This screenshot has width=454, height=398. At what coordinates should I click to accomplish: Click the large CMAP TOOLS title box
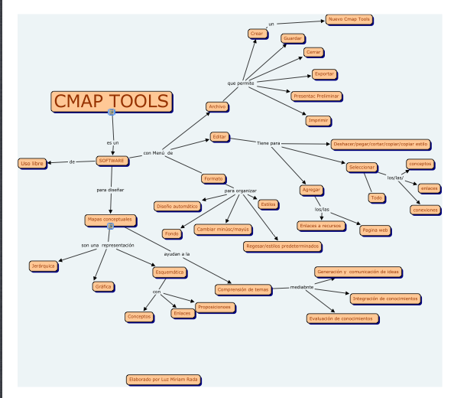tap(111, 102)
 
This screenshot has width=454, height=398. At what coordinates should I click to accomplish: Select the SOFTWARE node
tap(112, 161)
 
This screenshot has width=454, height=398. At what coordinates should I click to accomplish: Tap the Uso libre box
tap(31, 163)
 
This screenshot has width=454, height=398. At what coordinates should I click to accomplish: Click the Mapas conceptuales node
tap(109, 220)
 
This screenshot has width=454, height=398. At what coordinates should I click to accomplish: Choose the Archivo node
tap(216, 106)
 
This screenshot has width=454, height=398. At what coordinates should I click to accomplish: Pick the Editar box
tap(219, 136)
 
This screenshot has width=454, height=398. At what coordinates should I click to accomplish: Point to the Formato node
tap(212, 178)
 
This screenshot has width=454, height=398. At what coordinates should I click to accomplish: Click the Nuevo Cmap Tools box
tap(349, 19)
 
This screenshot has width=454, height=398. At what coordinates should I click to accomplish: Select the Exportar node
tap(323, 74)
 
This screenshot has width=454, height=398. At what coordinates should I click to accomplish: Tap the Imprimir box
tap(317, 120)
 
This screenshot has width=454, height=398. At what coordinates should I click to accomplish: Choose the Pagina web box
tap(375, 230)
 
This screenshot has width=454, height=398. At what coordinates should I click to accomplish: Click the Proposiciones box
tap(214, 307)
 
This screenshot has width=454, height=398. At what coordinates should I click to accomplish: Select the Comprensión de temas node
tap(243, 289)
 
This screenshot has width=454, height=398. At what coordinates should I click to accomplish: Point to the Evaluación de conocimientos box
tap(342, 318)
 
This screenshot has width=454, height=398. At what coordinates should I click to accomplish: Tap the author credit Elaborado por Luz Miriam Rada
tap(164, 379)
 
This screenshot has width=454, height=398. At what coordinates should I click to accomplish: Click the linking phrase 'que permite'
tap(240, 82)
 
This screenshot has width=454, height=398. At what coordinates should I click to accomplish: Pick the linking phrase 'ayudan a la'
tap(177, 253)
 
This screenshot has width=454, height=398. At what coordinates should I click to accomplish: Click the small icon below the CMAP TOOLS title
tap(112, 113)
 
